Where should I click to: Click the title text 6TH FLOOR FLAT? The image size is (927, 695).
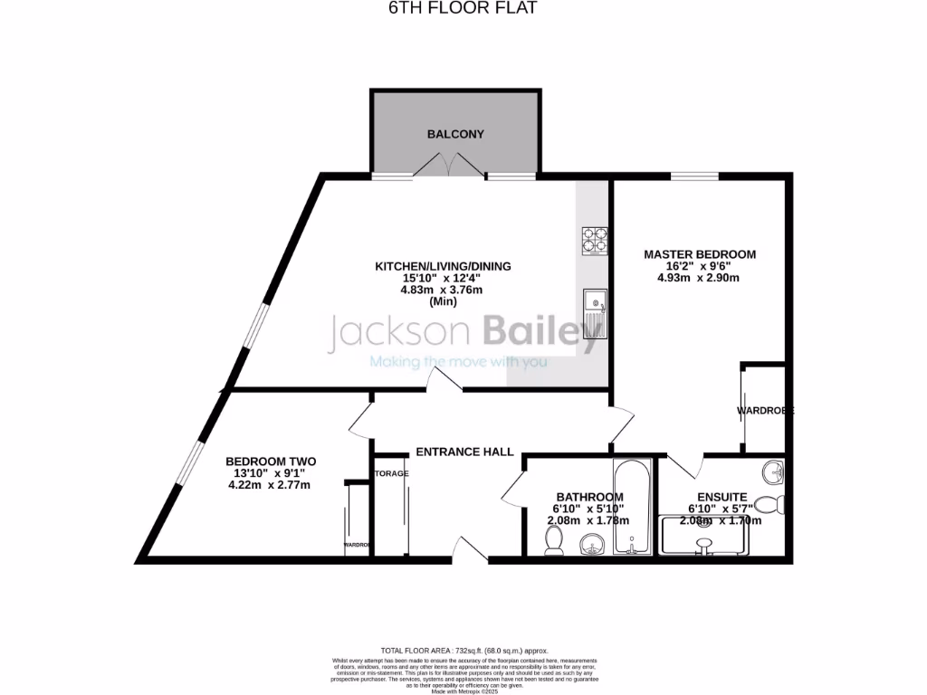(x=463, y=8)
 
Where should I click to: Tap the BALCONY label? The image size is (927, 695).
(x=456, y=134)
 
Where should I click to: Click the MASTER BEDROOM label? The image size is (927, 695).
(x=699, y=254)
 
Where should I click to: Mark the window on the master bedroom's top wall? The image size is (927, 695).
(x=694, y=176)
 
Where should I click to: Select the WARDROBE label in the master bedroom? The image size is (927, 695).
(x=764, y=410)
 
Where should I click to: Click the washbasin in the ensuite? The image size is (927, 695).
(x=772, y=471)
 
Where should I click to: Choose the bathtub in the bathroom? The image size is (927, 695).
(x=631, y=507)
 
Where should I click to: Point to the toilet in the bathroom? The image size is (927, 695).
(x=553, y=539)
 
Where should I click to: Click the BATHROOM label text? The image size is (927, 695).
(x=589, y=497)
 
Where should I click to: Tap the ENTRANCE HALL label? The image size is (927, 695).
(x=464, y=452)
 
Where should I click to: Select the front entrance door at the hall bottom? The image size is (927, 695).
(x=467, y=547)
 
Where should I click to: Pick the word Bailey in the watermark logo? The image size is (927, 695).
(x=543, y=332)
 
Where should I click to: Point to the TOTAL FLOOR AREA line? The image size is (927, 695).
(x=463, y=651)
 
